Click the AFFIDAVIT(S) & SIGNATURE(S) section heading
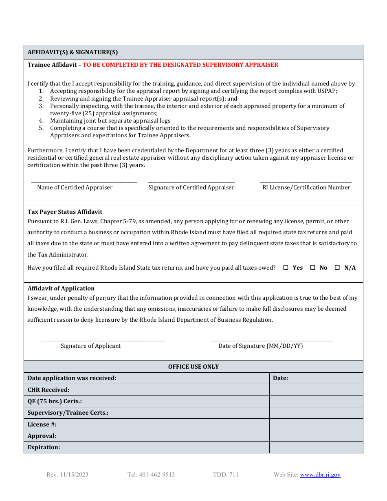click(x=73, y=52)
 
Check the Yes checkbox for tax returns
click(x=286, y=268)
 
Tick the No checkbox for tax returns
click(x=313, y=268)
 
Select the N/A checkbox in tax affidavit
click(x=337, y=268)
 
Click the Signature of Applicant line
click(x=103, y=339)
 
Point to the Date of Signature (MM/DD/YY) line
click(x=272, y=339)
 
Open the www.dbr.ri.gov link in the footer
click(x=320, y=475)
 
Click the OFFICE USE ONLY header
click(x=193, y=367)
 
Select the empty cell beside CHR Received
click(x=316, y=390)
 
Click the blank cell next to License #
click(x=316, y=424)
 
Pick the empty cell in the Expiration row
click(x=316, y=447)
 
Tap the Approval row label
click(x=42, y=436)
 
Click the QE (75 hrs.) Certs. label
click(x=55, y=401)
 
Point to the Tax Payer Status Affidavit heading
click(x=65, y=212)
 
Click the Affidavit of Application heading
click(x=61, y=288)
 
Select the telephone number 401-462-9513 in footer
click(x=151, y=475)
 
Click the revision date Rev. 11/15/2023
click(x=67, y=475)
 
